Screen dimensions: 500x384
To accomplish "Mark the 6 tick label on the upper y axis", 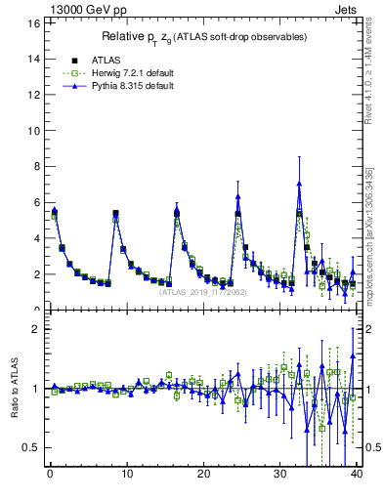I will click(x=35, y=203).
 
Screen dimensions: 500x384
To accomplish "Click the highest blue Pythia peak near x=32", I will click(x=299, y=184).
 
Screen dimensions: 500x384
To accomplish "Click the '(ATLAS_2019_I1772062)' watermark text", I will click(x=202, y=291).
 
